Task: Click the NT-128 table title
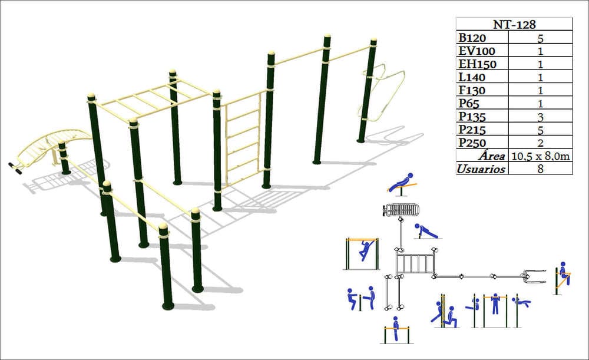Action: pyautogui.click(x=514, y=24)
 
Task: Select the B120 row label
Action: pyautogui.click(x=472, y=38)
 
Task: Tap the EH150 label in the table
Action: pyautogui.click(x=478, y=64)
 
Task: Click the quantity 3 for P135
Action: pyautogui.click(x=540, y=117)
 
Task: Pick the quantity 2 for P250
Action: pyautogui.click(x=540, y=143)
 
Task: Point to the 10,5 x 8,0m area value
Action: pyautogui.click(x=540, y=156)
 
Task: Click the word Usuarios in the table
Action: pyautogui.click(x=481, y=169)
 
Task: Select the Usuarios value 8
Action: pyautogui.click(x=540, y=169)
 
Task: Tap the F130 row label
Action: pyautogui.click(x=472, y=90)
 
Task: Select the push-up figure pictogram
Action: pyautogui.click(x=426, y=232)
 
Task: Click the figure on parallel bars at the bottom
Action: pyautogui.click(x=395, y=329)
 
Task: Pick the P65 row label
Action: pyautogui.click(x=469, y=103)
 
